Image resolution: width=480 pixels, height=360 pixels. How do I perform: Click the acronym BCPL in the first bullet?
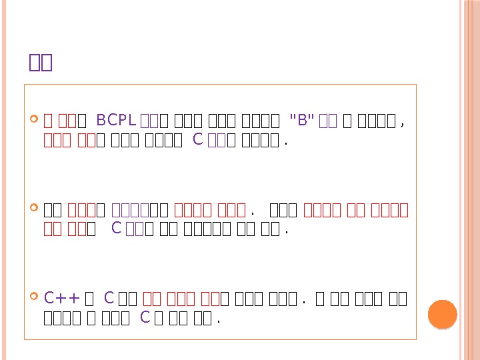117,121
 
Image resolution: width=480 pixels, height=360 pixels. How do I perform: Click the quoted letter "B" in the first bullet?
302,121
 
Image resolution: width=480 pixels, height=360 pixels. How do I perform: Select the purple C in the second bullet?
116,229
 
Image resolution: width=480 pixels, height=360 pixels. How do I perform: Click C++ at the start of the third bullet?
62,298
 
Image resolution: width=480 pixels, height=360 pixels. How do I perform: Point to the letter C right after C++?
109,298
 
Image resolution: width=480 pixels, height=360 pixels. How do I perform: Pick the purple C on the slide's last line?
145,317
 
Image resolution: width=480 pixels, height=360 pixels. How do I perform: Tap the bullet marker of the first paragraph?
35,121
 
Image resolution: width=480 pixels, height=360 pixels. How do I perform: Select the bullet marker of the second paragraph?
35,210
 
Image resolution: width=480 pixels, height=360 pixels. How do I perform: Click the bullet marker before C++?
35,297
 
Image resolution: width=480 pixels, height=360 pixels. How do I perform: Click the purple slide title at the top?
41,63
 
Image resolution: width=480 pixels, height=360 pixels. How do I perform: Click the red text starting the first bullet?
58,121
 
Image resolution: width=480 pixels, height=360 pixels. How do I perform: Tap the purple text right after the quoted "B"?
327,121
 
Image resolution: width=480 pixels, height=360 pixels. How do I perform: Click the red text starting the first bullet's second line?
64,140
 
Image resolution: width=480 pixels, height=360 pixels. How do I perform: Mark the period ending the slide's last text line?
219,320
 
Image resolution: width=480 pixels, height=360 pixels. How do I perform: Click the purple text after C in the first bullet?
213,140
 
